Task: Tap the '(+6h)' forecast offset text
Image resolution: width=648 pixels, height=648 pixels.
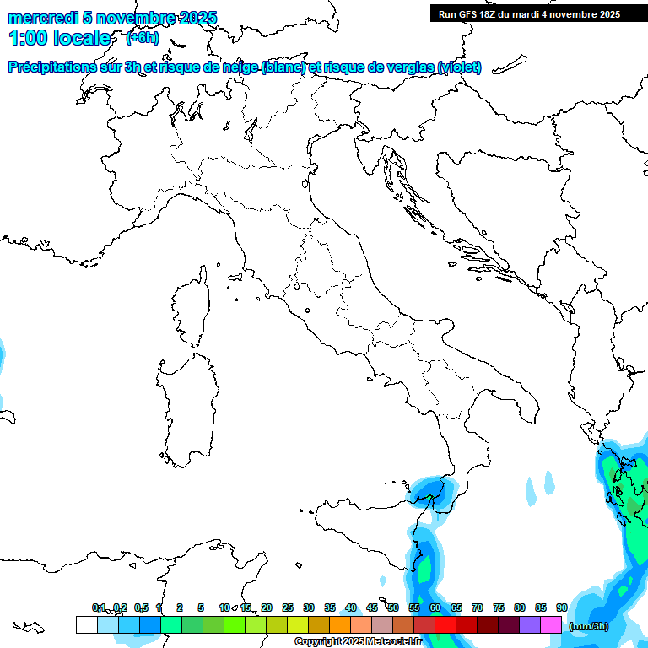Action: click(x=142, y=37)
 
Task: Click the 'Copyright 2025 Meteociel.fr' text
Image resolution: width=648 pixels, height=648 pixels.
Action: click(x=358, y=641)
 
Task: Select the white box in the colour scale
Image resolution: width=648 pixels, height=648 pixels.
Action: click(x=86, y=624)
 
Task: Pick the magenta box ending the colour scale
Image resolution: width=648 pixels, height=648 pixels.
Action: click(x=551, y=624)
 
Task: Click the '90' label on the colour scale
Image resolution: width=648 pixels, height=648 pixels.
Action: click(x=561, y=607)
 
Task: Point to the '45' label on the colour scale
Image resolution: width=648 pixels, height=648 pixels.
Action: click(x=372, y=607)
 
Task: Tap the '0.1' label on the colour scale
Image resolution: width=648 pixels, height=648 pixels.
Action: click(x=99, y=607)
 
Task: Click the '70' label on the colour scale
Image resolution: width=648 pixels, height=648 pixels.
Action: click(x=478, y=607)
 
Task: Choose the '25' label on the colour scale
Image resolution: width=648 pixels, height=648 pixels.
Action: click(x=288, y=607)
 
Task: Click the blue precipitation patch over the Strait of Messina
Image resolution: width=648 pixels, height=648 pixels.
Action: click(x=432, y=489)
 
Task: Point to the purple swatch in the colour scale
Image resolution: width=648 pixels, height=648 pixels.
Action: click(x=530, y=624)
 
